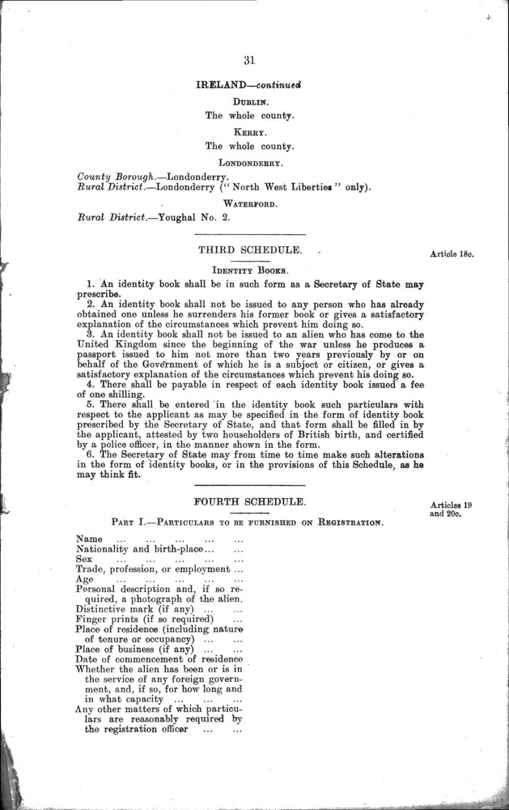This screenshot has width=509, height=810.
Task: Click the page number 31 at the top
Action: pyautogui.click(x=248, y=58)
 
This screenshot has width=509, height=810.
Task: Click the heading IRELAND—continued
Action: pyautogui.click(x=248, y=84)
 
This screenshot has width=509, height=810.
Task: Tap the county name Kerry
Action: pyautogui.click(x=249, y=133)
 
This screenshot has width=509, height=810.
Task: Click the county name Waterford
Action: pyautogui.click(x=248, y=204)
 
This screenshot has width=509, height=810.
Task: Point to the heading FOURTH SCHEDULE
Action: pyautogui.click(x=248, y=503)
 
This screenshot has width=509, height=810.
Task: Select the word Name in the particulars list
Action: pyautogui.click(x=90, y=539)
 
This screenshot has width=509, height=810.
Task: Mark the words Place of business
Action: pyautogui.click(x=113, y=650)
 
